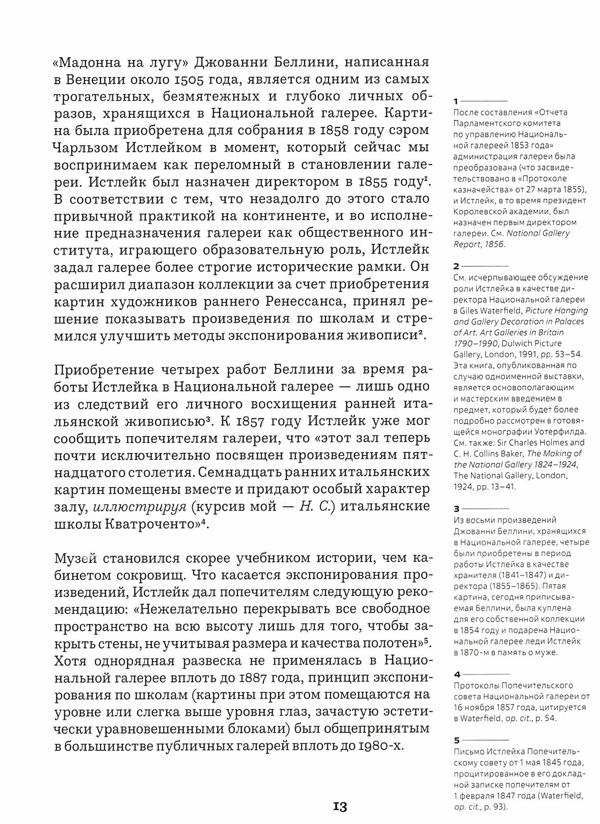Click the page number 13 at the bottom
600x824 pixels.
tap(340, 806)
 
